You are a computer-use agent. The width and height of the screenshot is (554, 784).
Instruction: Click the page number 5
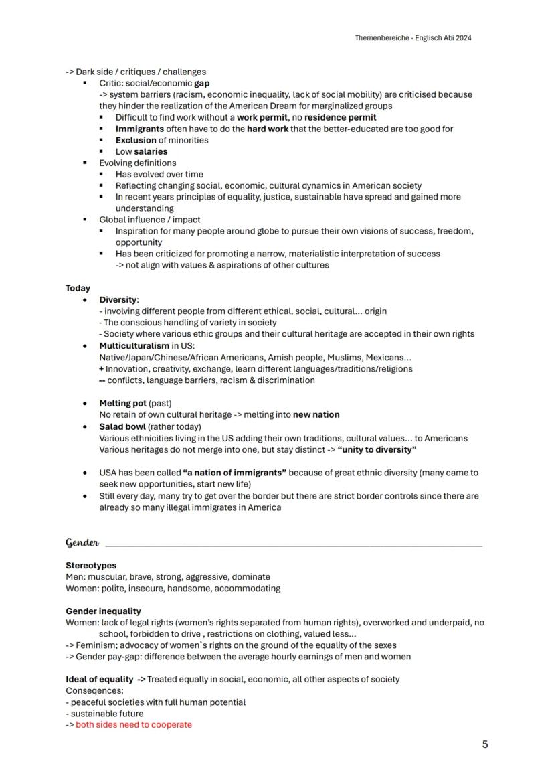pyautogui.click(x=485, y=744)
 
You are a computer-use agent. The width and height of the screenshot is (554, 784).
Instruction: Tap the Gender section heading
pyautogui.click(x=82, y=542)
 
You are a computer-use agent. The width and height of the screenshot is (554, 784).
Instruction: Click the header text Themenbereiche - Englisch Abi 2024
pyautogui.click(x=413, y=38)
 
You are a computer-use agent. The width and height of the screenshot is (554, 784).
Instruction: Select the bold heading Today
pyautogui.click(x=78, y=288)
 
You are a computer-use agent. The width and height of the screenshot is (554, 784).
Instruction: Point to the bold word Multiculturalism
pyautogui.click(x=134, y=346)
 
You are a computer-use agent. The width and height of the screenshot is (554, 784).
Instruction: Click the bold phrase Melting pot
pyautogui.click(x=122, y=404)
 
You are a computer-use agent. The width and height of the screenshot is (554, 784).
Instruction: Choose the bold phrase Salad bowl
pyautogui.click(x=122, y=426)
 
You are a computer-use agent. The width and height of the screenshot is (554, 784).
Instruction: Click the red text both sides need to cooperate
pyautogui.click(x=133, y=724)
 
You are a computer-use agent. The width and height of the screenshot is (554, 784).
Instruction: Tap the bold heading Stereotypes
pyautogui.click(x=91, y=565)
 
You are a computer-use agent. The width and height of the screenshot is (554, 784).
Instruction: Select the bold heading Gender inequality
pyautogui.click(x=103, y=611)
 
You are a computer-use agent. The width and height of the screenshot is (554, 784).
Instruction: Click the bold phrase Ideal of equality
pyautogui.click(x=100, y=679)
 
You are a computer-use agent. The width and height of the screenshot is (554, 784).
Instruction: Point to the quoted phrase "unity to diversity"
pyautogui.click(x=377, y=449)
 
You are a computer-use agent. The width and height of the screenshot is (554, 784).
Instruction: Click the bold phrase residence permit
pyautogui.click(x=340, y=117)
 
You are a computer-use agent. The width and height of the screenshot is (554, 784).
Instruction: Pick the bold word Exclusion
pyautogui.click(x=136, y=140)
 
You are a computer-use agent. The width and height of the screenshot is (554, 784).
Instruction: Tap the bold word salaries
pyautogui.click(x=151, y=151)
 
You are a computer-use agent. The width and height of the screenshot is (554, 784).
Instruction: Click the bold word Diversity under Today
pyautogui.click(x=118, y=299)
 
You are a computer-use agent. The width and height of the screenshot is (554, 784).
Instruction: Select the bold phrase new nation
pyautogui.click(x=316, y=414)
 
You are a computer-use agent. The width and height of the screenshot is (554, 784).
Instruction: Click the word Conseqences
pyautogui.click(x=94, y=690)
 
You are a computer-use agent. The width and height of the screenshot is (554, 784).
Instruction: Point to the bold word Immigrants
pyautogui.click(x=140, y=129)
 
